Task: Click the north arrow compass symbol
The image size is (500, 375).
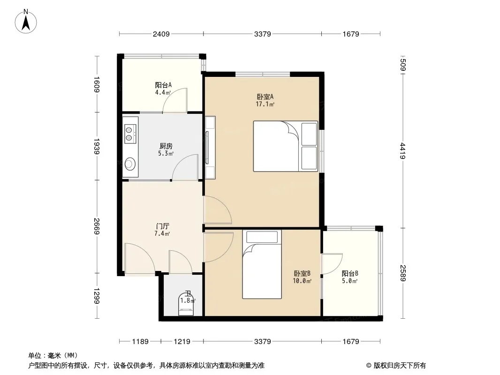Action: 26,21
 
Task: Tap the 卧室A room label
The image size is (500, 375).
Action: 265,97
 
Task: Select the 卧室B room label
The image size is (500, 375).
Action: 302,273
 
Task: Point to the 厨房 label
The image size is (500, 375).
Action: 166,146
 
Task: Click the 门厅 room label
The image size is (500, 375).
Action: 162,226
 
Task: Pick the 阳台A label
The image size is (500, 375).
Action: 163,85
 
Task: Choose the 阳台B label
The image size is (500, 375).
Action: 350,273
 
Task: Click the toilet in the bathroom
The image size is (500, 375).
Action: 186,304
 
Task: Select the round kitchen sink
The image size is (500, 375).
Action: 130,164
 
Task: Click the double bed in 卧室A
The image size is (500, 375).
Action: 285,146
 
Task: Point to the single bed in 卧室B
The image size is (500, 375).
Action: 262,264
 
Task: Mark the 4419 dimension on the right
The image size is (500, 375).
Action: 403,150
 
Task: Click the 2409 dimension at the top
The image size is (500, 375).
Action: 161,34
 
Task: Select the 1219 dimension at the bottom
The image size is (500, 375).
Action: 182,342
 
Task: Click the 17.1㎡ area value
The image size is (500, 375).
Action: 265,104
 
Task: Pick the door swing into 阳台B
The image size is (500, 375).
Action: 332,264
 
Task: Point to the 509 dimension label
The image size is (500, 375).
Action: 403,65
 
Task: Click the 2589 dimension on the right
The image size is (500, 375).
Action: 403,273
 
